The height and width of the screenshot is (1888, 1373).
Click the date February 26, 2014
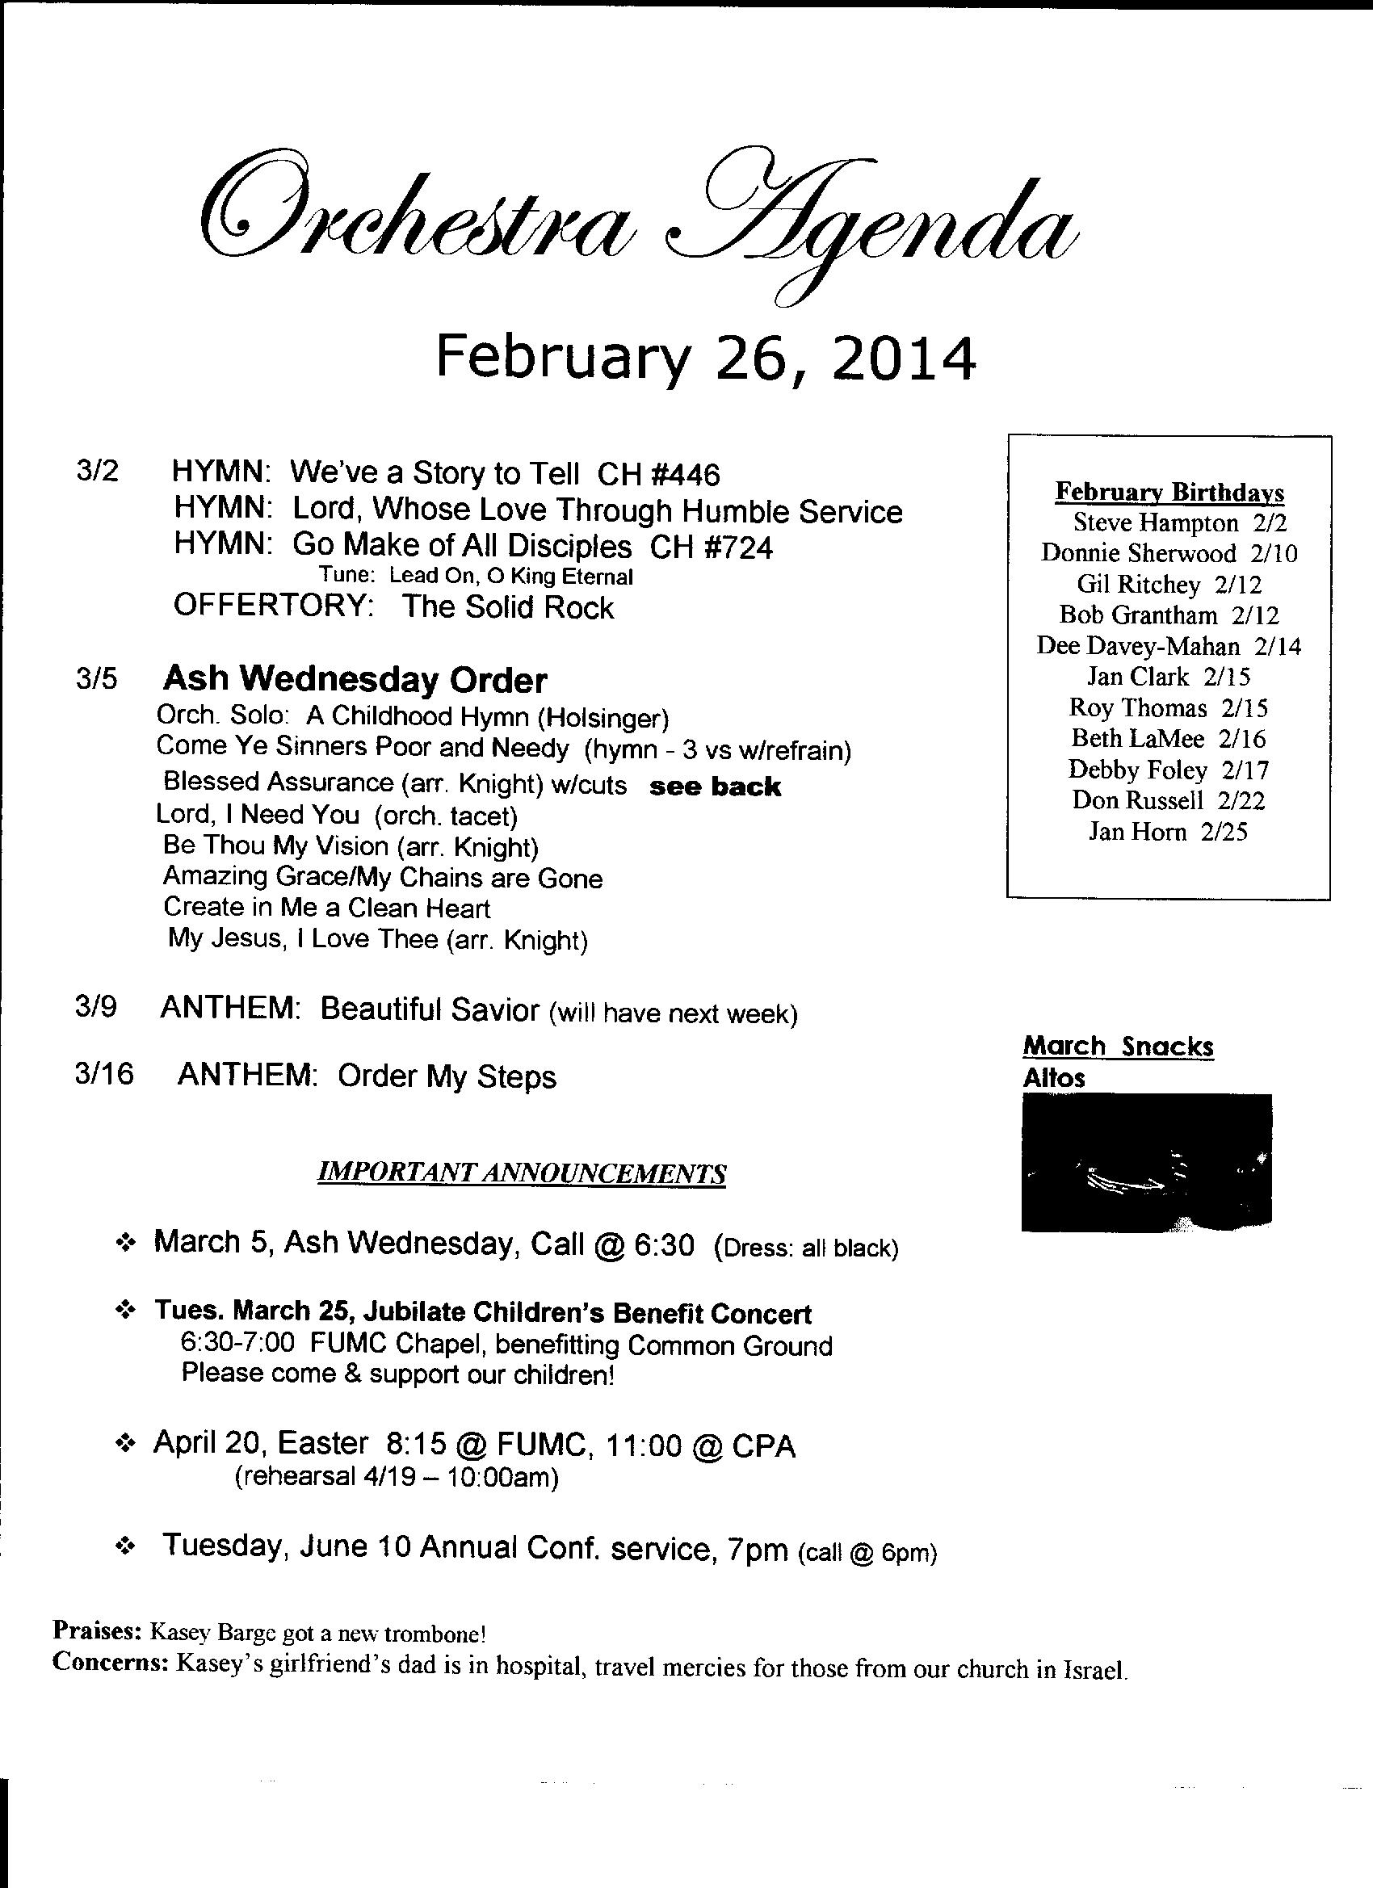pos(704,358)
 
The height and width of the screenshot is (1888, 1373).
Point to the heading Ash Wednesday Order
pos(355,680)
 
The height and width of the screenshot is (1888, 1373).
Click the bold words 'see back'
pos(715,787)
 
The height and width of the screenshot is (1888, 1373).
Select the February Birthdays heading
pos(1169,492)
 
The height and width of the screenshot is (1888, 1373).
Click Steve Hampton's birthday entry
pos(1179,522)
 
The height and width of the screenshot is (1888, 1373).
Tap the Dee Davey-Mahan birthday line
pos(1168,646)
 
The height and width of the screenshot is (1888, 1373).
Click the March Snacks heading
pos(1118,1046)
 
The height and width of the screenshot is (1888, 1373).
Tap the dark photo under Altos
pos(1146,1162)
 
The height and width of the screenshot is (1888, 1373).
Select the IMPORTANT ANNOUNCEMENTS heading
pos(522,1174)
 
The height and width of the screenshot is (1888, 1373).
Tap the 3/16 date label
pos(103,1075)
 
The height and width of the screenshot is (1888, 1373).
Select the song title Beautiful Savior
pos(430,1009)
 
